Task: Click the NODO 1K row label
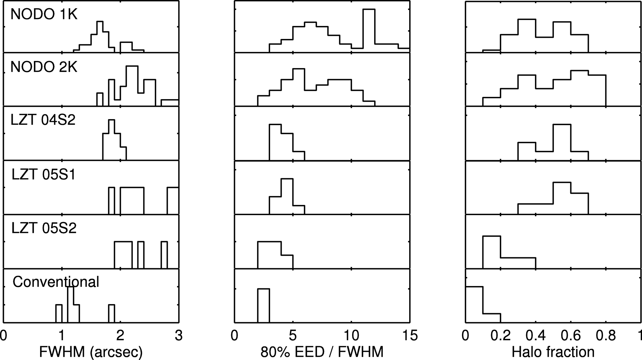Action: pyautogui.click(x=44, y=14)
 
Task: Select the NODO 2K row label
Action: pyautogui.click(x=44, y=67)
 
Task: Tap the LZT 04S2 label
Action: pyautogui.click(x=43, y=120)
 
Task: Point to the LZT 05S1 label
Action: pyautogui.click(x=44, y=174)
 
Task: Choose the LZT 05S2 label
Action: pyautogui.click(x=44, y=228)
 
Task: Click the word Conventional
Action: pyautogui.click(x=56, y=282)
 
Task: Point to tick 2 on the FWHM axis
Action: pyautogui.click(x=120, y=336)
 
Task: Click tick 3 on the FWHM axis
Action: pyautogui.click(x=179, y=336)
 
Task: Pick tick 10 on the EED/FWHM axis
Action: pyautogui.click(x=352, y=336)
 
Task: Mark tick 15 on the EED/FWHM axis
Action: pyautogui.click(x=410, y=336)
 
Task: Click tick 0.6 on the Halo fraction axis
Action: pyautogui.click(x=571, y=336)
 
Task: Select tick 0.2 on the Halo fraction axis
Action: pyautogui.click(x=501, y=336)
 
